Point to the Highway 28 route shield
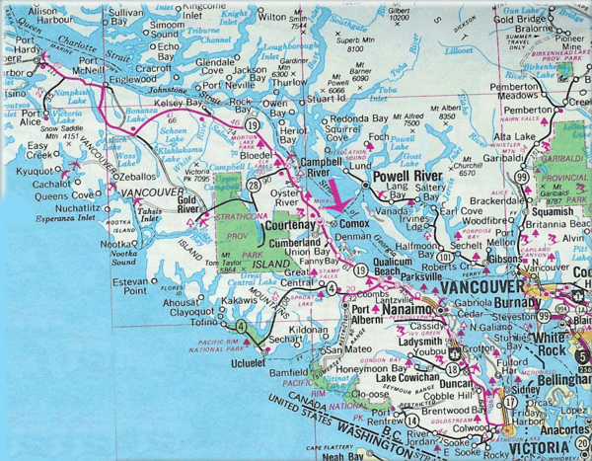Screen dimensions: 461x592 (x=254, y=185)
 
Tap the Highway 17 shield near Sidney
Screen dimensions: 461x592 (x=509, y=402)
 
